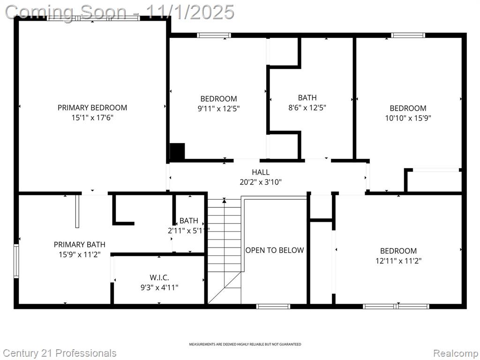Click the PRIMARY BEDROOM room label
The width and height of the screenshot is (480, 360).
92,108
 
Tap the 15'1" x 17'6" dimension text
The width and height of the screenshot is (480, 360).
92,118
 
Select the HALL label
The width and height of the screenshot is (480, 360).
261,172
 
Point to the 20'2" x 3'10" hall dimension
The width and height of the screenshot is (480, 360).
261,182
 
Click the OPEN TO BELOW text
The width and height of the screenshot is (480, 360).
275,250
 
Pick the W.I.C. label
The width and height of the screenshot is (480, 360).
159,277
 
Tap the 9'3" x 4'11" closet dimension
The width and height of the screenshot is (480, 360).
159,288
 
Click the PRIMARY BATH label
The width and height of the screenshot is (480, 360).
80,245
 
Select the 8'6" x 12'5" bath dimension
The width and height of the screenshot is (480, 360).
307,108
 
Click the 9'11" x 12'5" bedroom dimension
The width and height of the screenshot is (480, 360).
218,109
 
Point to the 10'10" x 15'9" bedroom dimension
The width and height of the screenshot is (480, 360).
408,118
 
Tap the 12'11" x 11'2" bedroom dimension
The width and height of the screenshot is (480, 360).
398,261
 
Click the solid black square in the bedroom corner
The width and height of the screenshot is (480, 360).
177,151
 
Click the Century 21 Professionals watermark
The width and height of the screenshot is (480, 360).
60,353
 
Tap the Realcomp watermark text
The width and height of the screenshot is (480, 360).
456,353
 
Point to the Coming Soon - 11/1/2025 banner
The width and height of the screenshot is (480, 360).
120,12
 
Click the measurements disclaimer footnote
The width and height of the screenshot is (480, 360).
245,345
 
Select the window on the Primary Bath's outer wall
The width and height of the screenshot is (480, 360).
16,261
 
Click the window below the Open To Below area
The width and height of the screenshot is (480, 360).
273,306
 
